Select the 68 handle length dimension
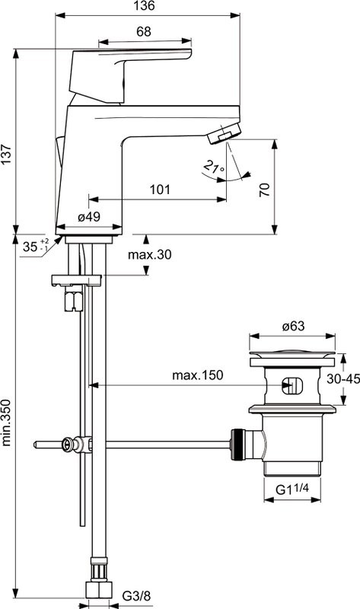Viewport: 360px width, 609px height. [142, 32]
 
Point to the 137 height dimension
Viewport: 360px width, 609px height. [7, 156]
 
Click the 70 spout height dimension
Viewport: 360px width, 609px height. [264, 190]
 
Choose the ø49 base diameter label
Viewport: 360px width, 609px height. [90, 218]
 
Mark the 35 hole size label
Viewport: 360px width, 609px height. [31, 246]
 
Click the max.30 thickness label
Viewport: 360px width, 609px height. [149, 254]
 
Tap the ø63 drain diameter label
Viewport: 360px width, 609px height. [293, 327]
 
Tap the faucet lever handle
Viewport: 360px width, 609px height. [129, 65]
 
